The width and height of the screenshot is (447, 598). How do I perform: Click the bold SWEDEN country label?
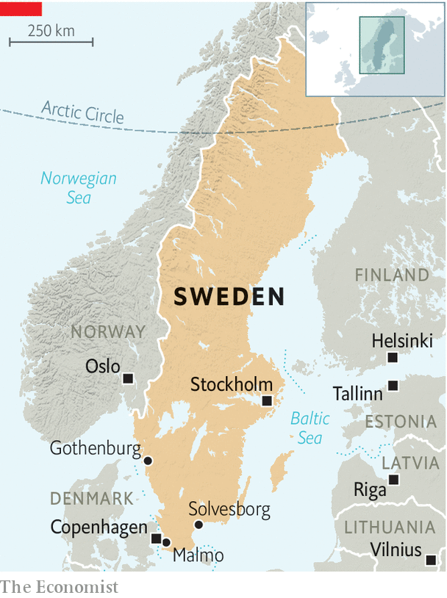point(229,297)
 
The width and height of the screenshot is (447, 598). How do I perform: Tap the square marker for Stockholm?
point(268,400)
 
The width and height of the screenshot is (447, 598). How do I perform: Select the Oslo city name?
point(103,366)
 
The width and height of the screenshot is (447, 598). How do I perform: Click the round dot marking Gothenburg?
point(148,461)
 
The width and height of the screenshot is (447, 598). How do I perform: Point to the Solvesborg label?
point(229,509)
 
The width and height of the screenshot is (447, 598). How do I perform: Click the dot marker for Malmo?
point(166,543)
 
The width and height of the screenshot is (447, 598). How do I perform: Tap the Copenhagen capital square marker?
point(156,538)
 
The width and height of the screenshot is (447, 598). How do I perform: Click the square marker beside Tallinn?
point(393,385)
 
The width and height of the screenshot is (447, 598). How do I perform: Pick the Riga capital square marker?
point(393,480)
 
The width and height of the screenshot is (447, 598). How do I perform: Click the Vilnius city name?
point(396,550)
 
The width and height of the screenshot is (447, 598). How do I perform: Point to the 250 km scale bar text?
point(51,31)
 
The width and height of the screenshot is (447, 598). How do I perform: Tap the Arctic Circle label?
point(82,113)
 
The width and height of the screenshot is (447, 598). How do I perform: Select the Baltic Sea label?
point(310,428)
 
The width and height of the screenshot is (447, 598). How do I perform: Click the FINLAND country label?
point(392,275)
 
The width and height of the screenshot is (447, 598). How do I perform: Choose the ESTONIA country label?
point(401,422)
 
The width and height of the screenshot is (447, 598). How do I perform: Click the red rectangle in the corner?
point(21,8)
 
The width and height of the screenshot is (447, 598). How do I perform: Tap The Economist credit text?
point(59,586)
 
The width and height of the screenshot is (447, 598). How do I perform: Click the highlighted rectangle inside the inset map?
point(382,46)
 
